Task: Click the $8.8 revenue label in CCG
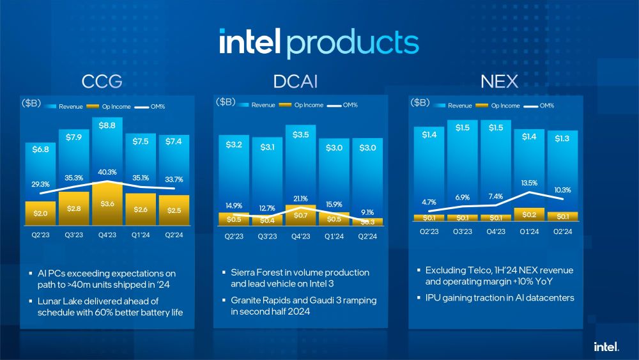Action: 107,126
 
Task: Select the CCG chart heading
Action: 102,82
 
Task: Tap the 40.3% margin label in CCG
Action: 107,172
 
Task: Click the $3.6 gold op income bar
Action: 107,204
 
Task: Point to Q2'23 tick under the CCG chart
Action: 40,234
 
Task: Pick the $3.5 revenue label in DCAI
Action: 301,135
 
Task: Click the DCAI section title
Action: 295,82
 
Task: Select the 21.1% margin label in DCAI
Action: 300,198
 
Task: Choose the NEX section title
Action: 499,82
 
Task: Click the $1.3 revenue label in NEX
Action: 563,138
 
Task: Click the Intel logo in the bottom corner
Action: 605,346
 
